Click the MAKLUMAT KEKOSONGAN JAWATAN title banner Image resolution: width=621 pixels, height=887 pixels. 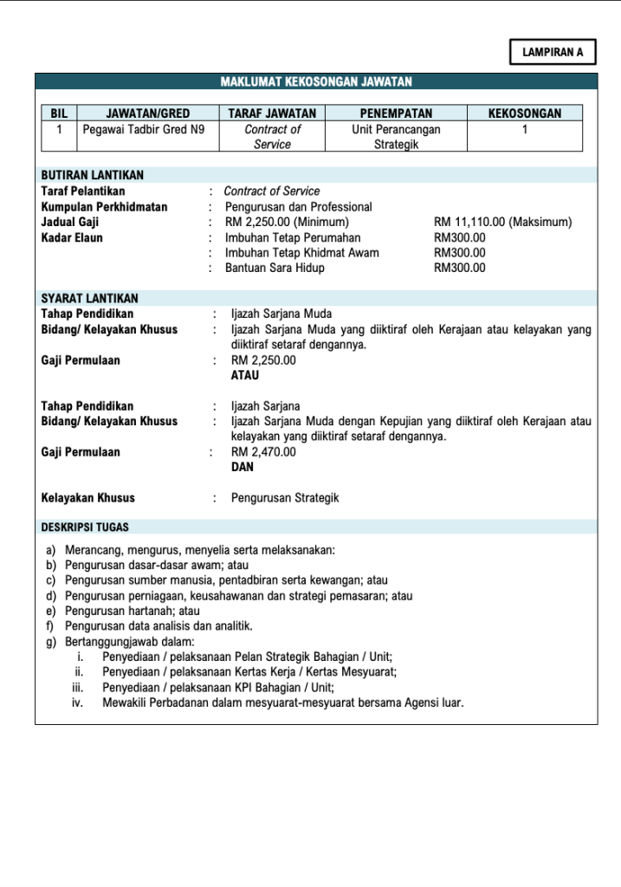click(316, 82)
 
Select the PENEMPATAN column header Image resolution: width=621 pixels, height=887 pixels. click(396, 113)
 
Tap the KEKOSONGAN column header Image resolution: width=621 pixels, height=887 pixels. click(524, 113)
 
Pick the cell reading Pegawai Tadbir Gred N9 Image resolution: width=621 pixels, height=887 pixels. click(144, 129)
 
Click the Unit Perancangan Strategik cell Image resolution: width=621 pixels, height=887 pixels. click(396, 137)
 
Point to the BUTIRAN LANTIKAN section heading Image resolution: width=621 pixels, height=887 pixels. click(93, 175)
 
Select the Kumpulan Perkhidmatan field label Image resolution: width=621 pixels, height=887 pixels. click(105, 207)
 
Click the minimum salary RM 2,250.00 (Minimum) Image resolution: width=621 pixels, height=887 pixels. click(287, 223)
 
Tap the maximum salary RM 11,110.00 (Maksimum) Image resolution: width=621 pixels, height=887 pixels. click(502, 223)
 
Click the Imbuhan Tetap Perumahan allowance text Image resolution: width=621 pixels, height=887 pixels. click(293, 237)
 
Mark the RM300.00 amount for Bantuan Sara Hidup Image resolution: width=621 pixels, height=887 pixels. click(459, 269)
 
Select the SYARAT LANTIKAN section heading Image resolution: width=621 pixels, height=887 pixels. click(90, 298)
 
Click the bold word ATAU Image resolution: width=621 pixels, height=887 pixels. click(245, 376)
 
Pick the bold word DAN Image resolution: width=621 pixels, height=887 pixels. click(243, 467)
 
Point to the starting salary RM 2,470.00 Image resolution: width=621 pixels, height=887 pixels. click(263, 452)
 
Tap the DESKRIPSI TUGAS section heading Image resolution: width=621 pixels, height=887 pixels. click(87, 527)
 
